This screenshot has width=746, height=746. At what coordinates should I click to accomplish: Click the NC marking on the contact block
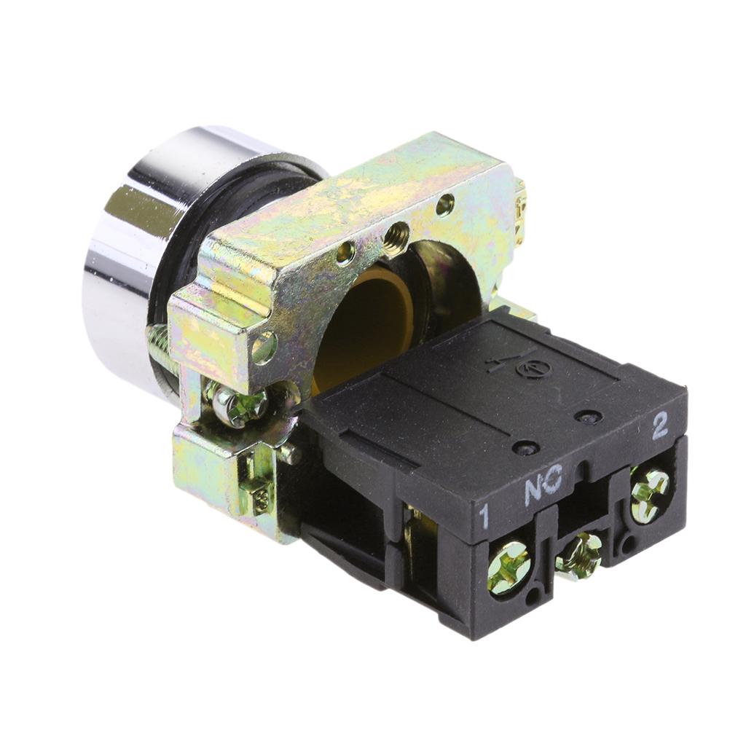(543, 484)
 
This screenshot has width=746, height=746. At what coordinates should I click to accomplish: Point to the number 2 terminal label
(660, 425)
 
